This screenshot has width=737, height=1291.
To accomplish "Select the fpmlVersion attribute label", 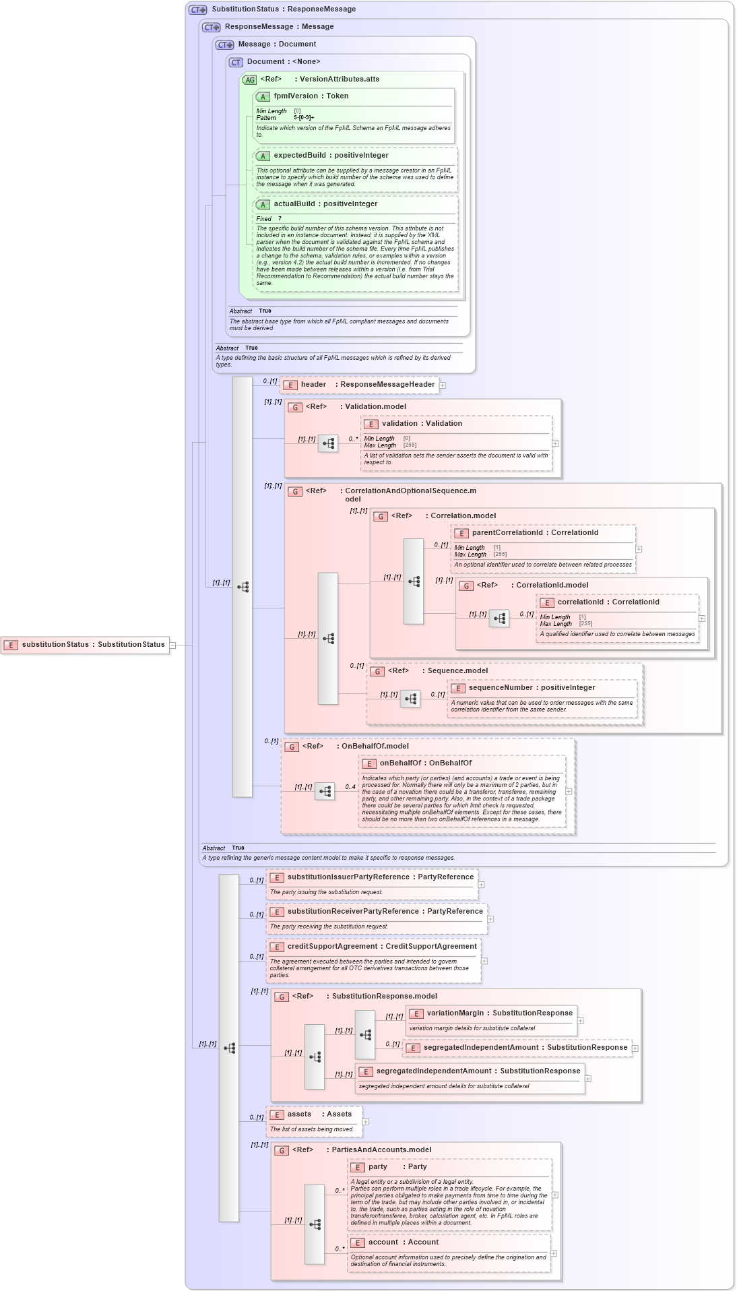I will [311, 96].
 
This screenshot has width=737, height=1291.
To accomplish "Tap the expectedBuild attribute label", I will [331, 156].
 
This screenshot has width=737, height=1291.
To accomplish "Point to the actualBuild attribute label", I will [325, 204].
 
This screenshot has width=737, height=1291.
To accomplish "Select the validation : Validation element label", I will [422, 424].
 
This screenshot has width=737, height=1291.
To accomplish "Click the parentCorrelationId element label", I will [535, 533].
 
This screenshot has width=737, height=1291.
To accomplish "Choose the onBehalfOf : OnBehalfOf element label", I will [425, 763].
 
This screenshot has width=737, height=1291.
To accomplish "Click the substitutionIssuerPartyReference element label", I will [380, 877].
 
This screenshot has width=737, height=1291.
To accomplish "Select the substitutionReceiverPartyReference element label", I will [385, 912].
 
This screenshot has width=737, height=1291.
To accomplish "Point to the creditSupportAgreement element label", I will [381, 947].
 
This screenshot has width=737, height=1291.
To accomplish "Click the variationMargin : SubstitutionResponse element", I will [499, 1013].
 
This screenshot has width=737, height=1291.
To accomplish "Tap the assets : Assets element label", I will [319, 1114].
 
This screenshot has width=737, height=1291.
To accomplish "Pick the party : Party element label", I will [397, 1167].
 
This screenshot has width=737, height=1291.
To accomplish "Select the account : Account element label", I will [403, 1242].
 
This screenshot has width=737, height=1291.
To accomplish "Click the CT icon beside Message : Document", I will [225, 44].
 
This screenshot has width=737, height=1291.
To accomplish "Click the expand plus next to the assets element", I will [366, 1122].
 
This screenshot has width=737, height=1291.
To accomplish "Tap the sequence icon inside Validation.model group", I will [328, 443].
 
